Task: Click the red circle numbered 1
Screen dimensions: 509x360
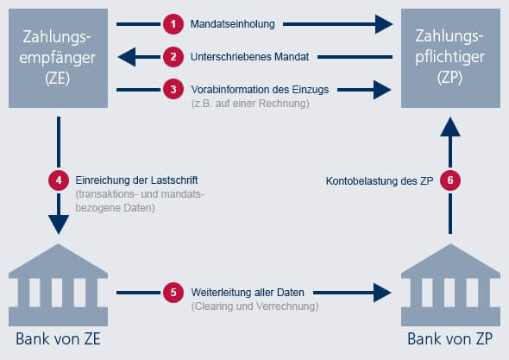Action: (173, 24)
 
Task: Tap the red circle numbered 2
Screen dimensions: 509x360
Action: (173, 57)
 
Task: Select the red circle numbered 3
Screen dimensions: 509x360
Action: (173, 89)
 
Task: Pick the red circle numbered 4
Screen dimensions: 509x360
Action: (59, 180)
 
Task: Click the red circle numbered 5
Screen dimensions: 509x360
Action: (173, 293)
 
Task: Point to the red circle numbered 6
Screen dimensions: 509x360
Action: (450, 180)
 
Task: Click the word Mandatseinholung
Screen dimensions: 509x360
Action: (232, 24)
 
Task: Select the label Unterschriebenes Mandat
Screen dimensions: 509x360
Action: (249, 57)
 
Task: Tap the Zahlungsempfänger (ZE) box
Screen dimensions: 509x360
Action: (58, 58)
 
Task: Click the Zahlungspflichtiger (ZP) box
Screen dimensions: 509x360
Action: (450, 58)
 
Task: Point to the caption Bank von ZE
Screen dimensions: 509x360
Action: (58, 339)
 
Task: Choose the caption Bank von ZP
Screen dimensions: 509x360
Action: (450, 339)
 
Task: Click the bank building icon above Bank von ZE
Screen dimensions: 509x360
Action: (58, 285)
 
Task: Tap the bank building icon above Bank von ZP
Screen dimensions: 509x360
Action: (450, 285)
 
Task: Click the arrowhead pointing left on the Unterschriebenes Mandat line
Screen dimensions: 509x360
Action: (127, 57)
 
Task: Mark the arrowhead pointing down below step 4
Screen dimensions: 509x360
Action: (59, 224)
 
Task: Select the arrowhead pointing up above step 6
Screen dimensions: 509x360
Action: (450, 127)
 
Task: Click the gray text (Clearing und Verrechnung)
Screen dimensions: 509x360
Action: (255, 306)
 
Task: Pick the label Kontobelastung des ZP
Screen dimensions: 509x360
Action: (380, 181)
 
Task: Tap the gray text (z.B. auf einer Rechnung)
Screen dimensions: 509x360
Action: (250, 104)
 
